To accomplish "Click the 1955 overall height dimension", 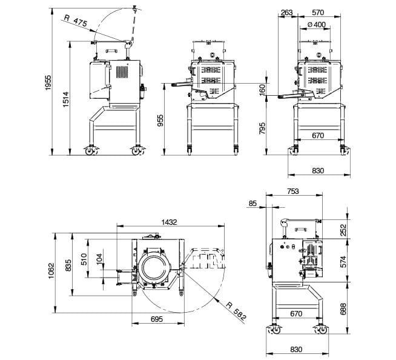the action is click(x=48, y=82).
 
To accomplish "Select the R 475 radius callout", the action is click(x=76, y=21).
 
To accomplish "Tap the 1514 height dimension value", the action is click(x=65, y=99).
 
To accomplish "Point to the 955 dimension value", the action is click(x=160, y=121).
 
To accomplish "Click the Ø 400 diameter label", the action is click(x=317, y=24).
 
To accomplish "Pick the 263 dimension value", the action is click(x=286, y=12).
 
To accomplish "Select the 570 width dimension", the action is click(x=318, y=12).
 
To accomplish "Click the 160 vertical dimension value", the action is click(x=263, y=90).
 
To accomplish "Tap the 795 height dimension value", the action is click(x=263, y=128).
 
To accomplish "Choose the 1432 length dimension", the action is click(x=169, y=222).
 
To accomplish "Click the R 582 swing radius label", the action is click(x=236, y=312).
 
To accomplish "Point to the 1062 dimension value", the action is click(x=51, y=271).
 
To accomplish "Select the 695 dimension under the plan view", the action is click(x=157, y=319).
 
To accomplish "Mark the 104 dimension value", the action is click(x=99, y=259).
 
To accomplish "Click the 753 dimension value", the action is click(x=293, y=191).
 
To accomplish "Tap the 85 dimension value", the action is click(x=252, y=203).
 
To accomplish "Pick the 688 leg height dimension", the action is click(x=343, y=309).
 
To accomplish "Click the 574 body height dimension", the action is click(x=343, y=261).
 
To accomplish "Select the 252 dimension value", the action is click(x=343, y=230).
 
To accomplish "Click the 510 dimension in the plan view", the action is click(x=84, y=259).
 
